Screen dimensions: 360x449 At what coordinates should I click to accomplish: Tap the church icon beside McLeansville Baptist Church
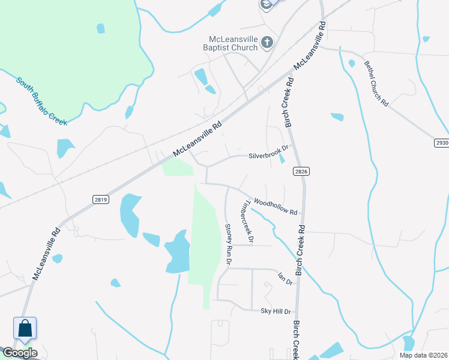267,42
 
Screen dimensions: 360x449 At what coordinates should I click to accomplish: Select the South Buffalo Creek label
41,101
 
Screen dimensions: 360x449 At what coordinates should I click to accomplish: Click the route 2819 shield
101,199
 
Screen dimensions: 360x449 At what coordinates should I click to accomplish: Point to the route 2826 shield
301,172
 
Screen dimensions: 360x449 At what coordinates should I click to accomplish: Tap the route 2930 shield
441,142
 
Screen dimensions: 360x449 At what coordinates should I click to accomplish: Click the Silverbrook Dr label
269,155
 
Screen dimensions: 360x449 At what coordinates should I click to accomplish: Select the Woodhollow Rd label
276,206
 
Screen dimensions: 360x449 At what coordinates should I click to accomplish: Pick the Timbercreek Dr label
247,221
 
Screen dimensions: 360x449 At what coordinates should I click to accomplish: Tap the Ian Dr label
285,278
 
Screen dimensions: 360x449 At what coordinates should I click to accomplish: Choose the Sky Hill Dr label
275,311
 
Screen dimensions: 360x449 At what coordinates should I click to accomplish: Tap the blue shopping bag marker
25,328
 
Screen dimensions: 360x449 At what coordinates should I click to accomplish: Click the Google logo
19,353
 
